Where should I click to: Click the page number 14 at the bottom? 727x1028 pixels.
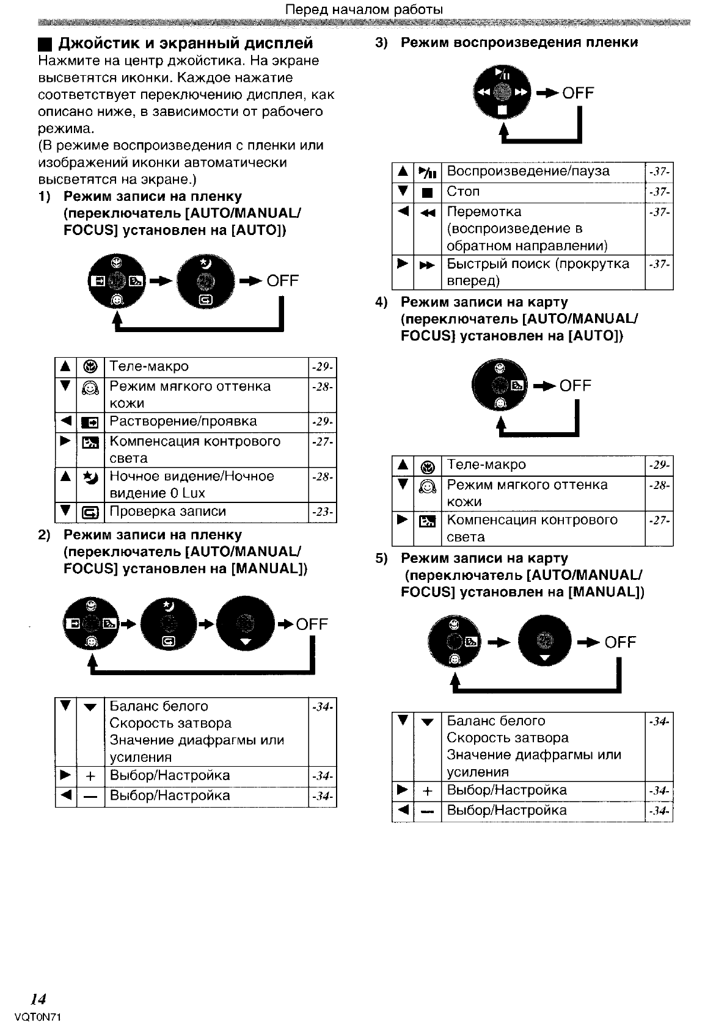[38, 999]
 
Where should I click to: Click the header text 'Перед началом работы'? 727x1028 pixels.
[364, 10]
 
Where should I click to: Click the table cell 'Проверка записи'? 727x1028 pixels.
[167, 512]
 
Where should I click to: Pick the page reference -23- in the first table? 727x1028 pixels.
[322, 512]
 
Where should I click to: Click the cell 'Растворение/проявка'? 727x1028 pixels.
[183, 421]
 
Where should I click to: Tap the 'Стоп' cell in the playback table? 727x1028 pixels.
[463, 192]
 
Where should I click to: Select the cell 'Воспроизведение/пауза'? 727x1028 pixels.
[528, 171]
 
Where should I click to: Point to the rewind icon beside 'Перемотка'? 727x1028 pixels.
[427, 213]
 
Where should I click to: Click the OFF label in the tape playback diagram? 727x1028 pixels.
[578, 93]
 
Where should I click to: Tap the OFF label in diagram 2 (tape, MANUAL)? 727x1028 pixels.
[312, 624]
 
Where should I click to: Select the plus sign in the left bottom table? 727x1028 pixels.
[90, 776]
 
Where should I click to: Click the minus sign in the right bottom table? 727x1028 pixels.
[428, 811]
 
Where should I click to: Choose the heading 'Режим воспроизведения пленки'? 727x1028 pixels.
[519, 43]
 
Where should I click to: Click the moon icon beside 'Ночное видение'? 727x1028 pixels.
[90, 477]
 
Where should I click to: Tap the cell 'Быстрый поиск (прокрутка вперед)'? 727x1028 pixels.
[538, 272]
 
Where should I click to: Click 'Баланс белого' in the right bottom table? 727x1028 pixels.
[496, 721]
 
